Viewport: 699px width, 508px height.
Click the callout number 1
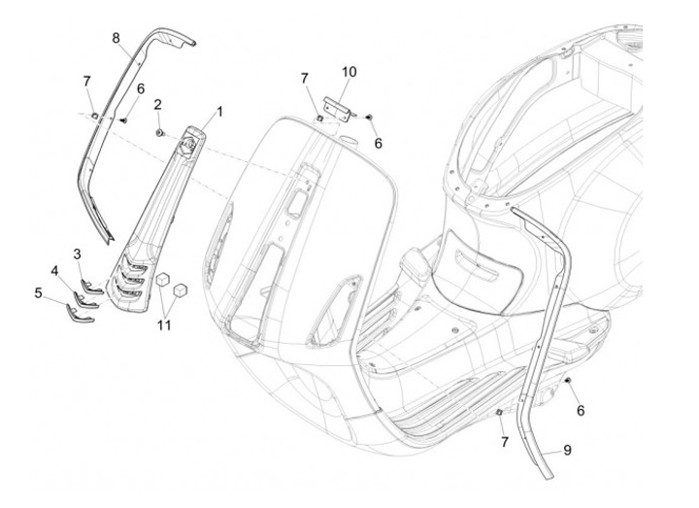point(219,112)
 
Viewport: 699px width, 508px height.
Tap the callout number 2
point(158,104)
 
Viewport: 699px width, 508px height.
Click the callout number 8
point(116,38)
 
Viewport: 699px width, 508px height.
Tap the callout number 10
point(349,71)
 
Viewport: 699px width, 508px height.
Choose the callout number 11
point(164,324)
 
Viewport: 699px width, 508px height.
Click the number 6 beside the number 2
point(141,89)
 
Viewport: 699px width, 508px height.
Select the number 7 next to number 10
point(304,77)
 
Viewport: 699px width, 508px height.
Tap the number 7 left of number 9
point(503,442)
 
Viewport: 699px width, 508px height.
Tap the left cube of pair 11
point(164,278)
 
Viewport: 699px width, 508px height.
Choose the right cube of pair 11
point(179,289)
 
